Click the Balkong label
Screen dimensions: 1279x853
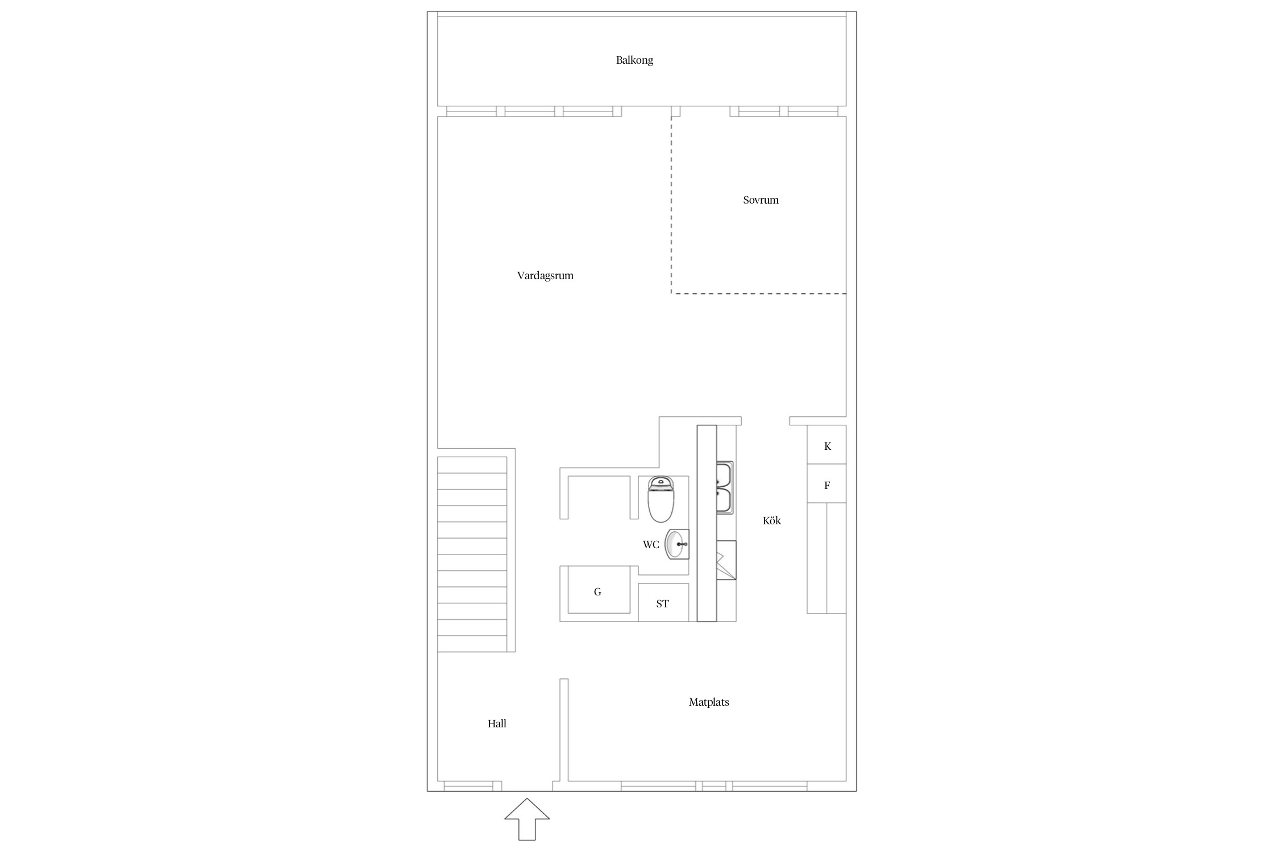tap(634, 60)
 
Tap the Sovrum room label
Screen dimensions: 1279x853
tap(761, 200)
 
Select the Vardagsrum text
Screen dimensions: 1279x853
tap(545, 276)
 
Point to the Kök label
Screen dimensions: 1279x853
tap(772, 520)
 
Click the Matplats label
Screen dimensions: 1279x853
tap(709, 702)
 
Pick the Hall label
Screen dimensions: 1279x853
tap(497, 724)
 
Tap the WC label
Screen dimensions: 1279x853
tap(651, 545)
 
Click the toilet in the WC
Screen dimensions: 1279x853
tap(661, 499)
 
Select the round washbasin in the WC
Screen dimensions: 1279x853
tap(677, 544)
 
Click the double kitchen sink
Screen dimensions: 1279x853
tap(725, 488)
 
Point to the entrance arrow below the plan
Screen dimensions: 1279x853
tap(527, 819)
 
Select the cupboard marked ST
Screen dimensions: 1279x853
tap(663, 602)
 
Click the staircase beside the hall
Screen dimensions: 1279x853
tap(472, 554)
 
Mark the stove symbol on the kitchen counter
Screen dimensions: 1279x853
tap(726, 560)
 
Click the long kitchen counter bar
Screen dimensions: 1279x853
tap(707, 523)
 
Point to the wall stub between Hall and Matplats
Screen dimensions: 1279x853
tap(564, 730)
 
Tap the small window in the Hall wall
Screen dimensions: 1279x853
tap(468, 786)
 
